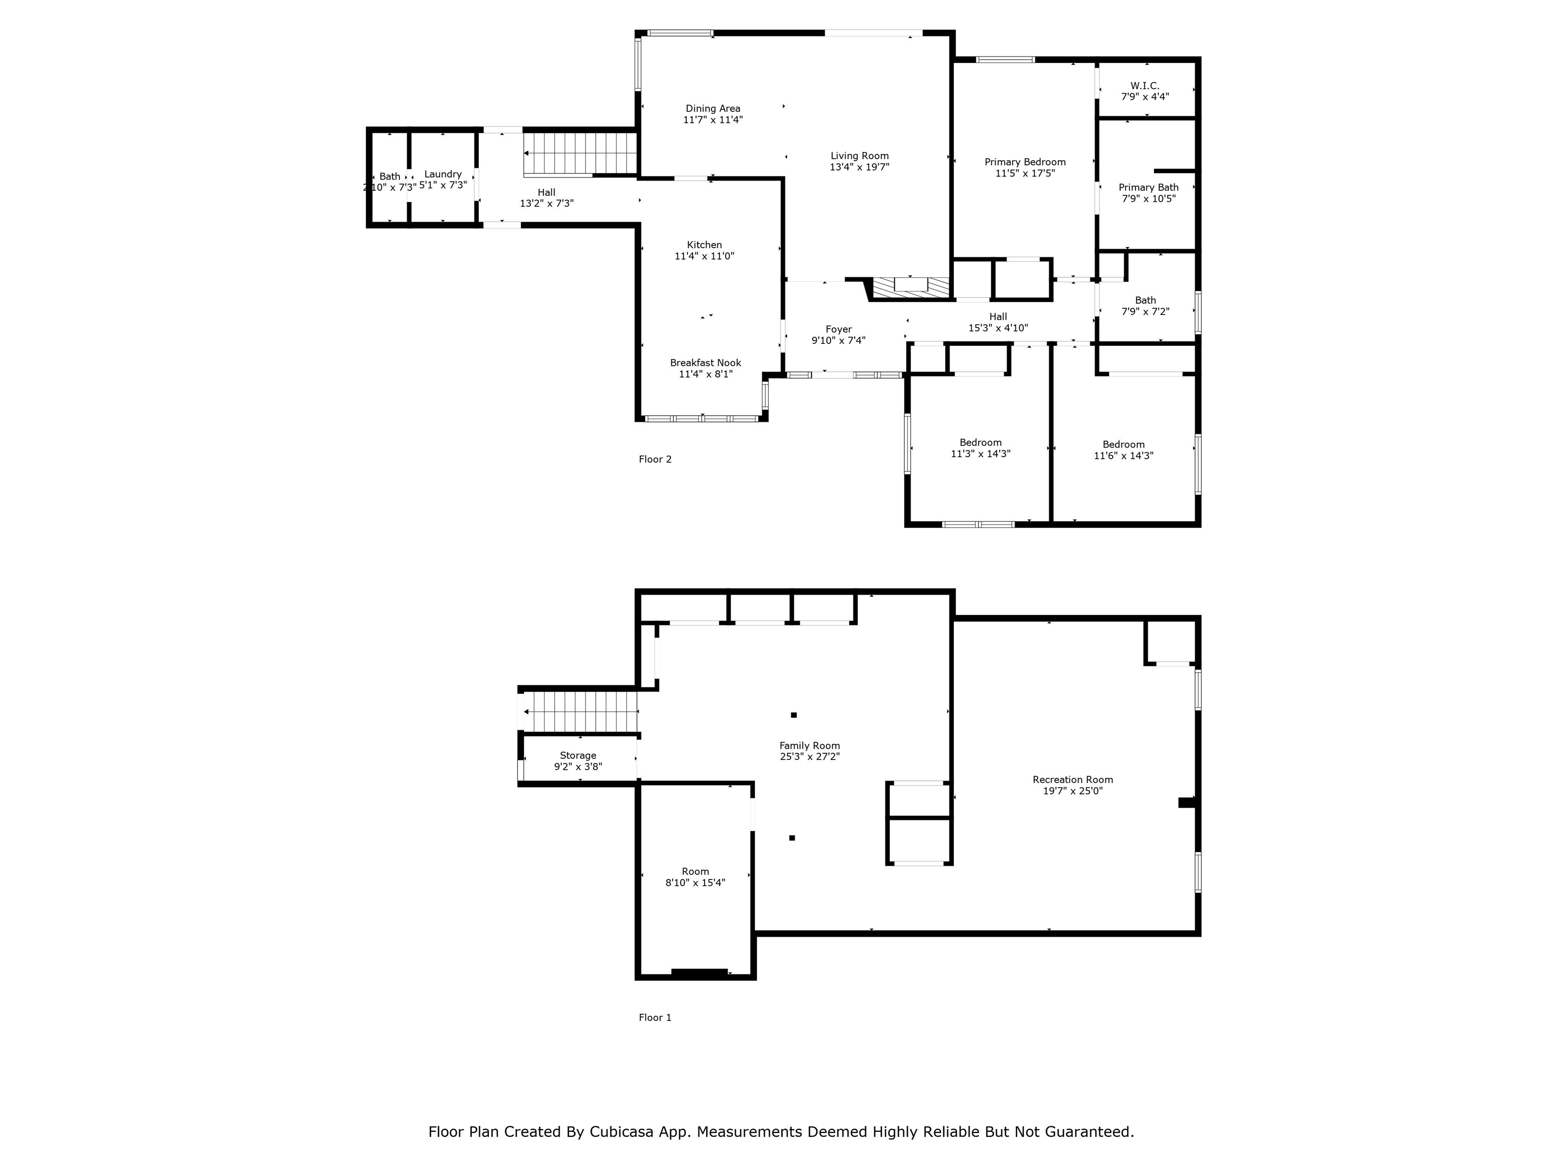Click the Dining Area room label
(713, 109)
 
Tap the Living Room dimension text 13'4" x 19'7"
(859, 167)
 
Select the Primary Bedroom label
(1025, 162)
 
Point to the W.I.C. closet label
(1145, 85)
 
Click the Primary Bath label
(1148, 188)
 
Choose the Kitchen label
(705, 245)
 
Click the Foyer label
(838, 329)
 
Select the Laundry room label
(443, 174)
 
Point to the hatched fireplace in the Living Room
(911, 286)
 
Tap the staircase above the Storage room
(580, 712)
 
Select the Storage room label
(578, 756)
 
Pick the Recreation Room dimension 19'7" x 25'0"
(1073, 791)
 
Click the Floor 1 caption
(655, 1018)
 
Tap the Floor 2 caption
(655, 460)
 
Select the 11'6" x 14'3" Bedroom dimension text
(1123, 456)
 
